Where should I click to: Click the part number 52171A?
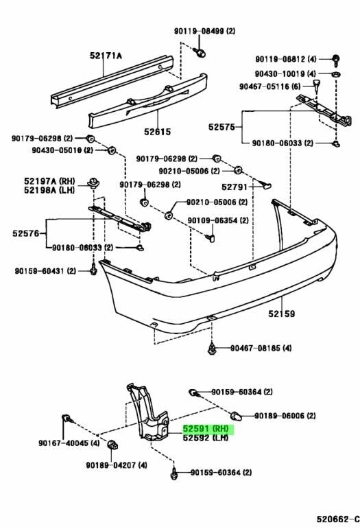point(106,56)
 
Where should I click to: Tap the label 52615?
point(158,132)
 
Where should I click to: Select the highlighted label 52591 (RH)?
point(206,429)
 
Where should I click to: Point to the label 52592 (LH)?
point(206,438)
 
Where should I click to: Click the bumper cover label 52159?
point(281,314)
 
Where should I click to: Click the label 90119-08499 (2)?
point(204,32)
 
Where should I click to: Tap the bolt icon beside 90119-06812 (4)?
point(335,61)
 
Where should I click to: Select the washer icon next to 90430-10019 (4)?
point(336,73)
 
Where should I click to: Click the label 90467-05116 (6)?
point(269,86)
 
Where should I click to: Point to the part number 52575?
point(221,127)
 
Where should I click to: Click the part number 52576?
point(26,233)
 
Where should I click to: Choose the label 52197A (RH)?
point(49,181)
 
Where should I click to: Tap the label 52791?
point(235,187)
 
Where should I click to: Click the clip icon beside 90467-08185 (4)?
point(212,349)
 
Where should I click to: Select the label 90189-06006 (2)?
point(285,416)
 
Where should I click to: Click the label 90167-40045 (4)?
point(69,443)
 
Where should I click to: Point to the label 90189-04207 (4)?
point(117,465)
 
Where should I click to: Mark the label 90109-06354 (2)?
point(218,220)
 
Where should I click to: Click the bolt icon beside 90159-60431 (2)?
point(93,269)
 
